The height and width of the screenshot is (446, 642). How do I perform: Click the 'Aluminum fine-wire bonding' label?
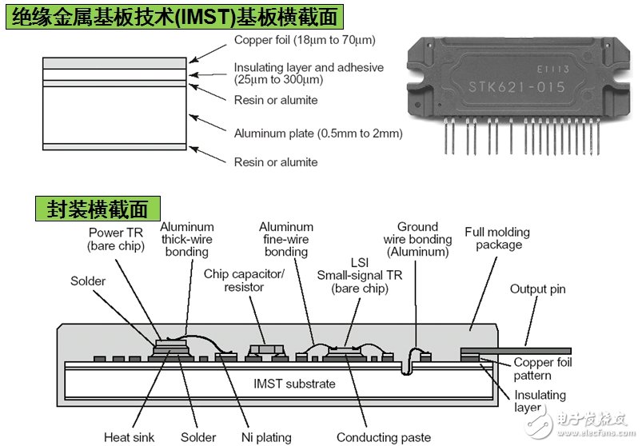pyautogui.click(x=286, y=240)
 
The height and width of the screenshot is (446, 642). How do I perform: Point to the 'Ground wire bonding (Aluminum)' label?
pyautogui.click(x=417, y=239)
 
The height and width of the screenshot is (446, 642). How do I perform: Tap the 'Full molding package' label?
pyautogui.click(x=497, y=238)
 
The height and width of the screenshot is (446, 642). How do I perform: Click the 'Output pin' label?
pyautogui.click(x=539, y=289)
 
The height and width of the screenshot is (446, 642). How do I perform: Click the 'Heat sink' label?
pyautogui.click(x=129, y=437)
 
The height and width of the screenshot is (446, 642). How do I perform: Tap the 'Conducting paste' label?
pyautogui.click(x=383, y=437)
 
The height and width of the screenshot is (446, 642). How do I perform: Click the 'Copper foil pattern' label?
pyautogui.click(x=543, y=369)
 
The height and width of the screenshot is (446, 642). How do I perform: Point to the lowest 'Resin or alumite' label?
pyautogui.click(x=275, y=162)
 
